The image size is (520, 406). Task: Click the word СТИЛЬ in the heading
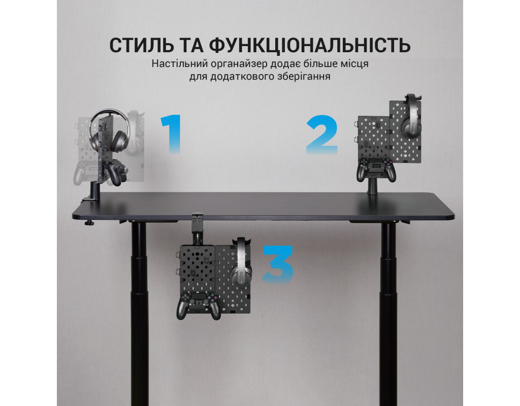[x=142, y=45]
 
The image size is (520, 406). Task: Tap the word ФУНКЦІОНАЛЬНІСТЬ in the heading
[x=310, y=46]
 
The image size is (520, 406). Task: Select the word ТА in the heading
[x=191, y=45]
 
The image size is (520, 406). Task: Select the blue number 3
[x=278, y=264]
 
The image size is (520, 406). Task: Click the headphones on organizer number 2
[x=411, y=116]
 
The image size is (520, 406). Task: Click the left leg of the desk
[x=139, y=313]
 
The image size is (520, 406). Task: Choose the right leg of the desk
[x=389, y=314]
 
